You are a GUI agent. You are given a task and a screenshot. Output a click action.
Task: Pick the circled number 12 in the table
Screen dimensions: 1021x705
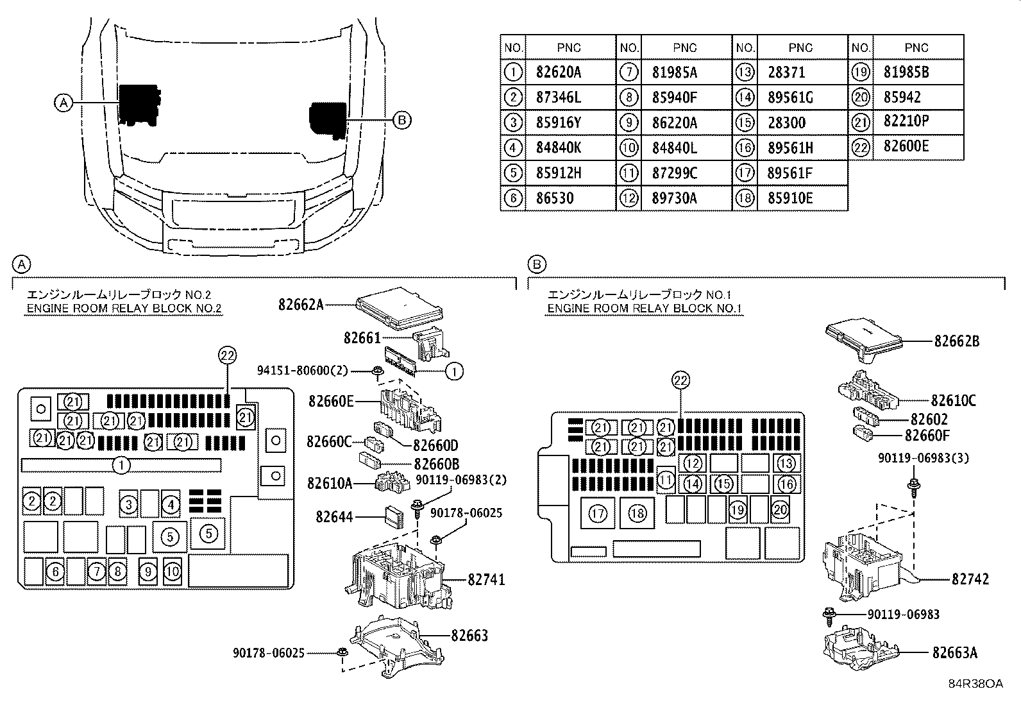[x=629, y=198]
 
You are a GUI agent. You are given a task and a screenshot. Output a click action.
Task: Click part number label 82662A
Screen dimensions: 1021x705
[x=301, y=305]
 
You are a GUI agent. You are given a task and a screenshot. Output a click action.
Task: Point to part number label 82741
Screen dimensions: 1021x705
[x=486, y=580]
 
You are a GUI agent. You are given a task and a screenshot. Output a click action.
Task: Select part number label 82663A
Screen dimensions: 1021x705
[x=955, y=652]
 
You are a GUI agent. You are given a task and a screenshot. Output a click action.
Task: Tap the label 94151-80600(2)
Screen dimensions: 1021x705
[x=302, y=370]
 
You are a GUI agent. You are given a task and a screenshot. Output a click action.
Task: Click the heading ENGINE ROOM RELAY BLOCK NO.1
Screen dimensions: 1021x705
[x=645, y=309]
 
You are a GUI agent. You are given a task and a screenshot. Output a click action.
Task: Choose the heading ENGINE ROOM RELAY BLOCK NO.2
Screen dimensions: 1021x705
[x=124, y=309]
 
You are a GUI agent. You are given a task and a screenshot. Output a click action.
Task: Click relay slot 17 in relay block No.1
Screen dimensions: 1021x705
[x=598, y=513]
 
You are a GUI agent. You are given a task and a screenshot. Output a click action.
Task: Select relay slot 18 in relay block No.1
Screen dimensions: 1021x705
[x=637, y=513]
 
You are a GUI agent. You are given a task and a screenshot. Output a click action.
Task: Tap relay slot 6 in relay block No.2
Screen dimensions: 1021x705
[x=55, y=572]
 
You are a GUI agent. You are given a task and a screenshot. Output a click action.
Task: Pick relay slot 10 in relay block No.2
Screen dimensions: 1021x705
[x=173, y=572]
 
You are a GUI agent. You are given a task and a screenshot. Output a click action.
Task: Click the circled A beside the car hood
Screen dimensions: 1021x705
[x=64, y=103]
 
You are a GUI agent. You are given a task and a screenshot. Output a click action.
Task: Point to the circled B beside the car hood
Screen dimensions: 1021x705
[x=401, y=120]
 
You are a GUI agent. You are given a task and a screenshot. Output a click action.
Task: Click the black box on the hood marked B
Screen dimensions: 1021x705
[x=327, y=119]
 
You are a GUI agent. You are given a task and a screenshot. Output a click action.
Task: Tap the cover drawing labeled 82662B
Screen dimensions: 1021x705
[x=864, y=340]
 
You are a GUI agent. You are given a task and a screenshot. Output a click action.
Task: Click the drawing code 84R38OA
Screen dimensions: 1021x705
[x=976, y=684]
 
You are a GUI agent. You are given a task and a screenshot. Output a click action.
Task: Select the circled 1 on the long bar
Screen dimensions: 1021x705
[x=121, y=466]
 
